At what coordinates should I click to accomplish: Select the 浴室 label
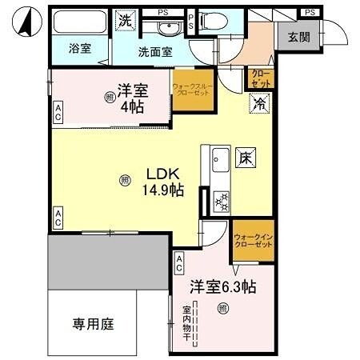[x=79, y=49]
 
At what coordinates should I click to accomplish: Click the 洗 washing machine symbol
[x=124, y=20]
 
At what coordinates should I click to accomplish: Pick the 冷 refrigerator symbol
[x=259, y=102]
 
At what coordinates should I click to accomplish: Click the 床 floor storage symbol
[x=244, y=158]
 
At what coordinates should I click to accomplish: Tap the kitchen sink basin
[x=218, y=164]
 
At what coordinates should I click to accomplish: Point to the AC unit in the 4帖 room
[x=58, y=114]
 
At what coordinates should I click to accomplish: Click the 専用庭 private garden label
[x=94, y=324]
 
